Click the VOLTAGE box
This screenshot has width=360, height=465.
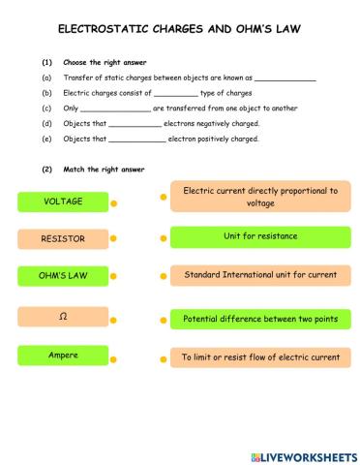[64, 201]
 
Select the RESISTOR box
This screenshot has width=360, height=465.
[64, 238]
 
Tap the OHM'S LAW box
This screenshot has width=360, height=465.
[64, 276]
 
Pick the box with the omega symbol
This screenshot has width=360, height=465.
[64, 317]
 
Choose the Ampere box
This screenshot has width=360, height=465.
[64, 356]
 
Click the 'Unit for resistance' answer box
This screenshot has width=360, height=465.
[260, 237]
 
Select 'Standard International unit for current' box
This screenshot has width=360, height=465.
[260, 276]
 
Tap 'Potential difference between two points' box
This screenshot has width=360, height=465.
[260, 319]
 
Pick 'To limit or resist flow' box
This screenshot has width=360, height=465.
[260, 358]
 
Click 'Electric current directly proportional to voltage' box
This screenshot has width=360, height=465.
[260, 198]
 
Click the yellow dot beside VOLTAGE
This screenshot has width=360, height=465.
[113, 204]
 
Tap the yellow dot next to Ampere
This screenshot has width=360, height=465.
[113, 358]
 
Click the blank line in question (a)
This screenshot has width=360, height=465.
[285, 79]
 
